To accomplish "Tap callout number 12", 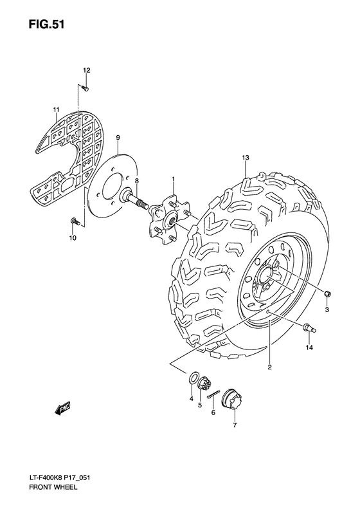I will pyautogui.click(x=86, y=70).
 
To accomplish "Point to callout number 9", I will pyautogui.click(x=118, y=138).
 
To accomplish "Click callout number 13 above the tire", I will pyautogui.click(x=245, y=158).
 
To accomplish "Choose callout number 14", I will pyautogui.click(x=309, y=347).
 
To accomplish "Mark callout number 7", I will pyautogui.click(x=234, y=425).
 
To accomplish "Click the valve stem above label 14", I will pyautogui.click(x=307, y=328).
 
